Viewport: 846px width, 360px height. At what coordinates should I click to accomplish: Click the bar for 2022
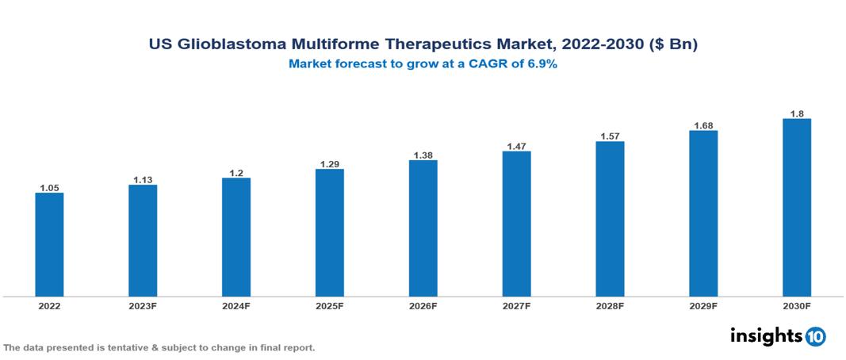pos(49,244)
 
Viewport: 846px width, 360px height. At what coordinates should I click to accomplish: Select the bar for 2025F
pos(330,232)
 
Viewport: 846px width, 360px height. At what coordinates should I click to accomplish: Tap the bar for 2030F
pos(797,208)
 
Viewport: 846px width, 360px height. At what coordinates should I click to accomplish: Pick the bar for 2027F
pos(516,224)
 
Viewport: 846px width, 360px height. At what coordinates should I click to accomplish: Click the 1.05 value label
pos(49,188)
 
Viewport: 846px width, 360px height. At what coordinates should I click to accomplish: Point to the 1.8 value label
pos(797,114)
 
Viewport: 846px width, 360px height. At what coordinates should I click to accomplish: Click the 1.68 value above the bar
pos(703,125)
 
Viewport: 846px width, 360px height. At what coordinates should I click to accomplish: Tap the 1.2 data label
pos(236,173)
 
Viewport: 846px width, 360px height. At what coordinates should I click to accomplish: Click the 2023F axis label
pos(143,306)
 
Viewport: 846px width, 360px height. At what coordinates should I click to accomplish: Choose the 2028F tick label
pos(610,306)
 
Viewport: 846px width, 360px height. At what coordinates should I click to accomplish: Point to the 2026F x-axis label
pos(423,306)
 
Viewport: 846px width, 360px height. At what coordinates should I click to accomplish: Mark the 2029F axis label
pos(703,306)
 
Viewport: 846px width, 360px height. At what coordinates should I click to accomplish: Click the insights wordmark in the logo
pos(765,336)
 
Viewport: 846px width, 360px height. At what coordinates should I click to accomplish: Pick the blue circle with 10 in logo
pos(815,337)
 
